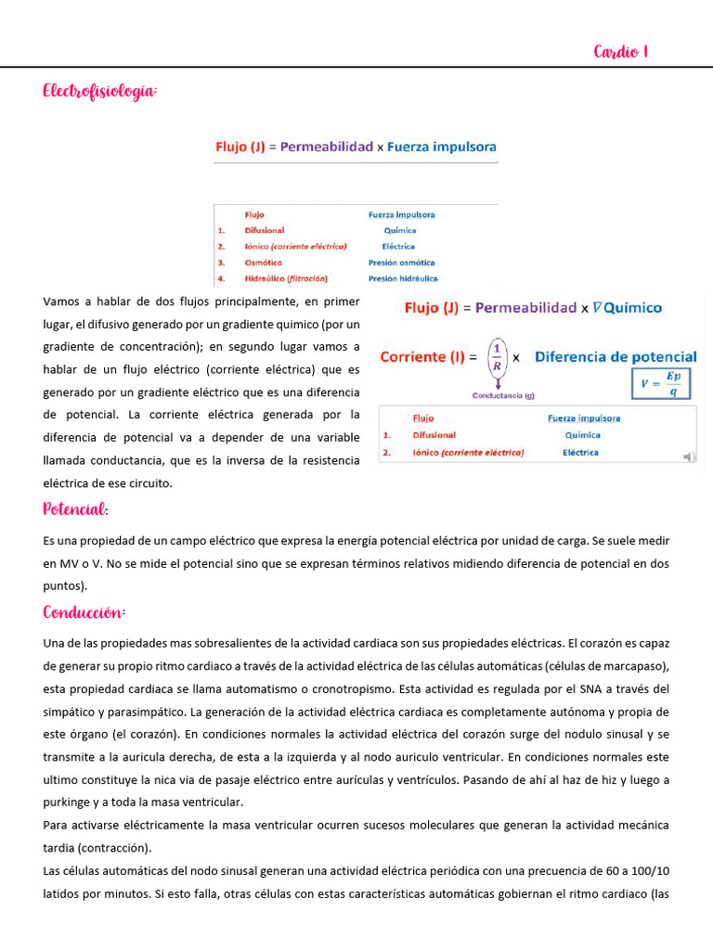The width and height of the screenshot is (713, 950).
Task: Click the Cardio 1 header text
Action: [620, 52]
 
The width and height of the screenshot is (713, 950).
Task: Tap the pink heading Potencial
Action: [75, 509]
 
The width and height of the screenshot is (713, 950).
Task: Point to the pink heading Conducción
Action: [84, 613]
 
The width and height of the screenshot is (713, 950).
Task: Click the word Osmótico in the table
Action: [264, 263]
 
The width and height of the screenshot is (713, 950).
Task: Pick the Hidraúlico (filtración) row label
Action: [286, 278]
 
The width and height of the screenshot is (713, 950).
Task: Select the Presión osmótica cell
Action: [401, 263]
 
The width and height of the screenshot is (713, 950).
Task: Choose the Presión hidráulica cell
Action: [403, 278]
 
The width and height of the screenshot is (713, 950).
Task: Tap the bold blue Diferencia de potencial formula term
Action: [616, 356]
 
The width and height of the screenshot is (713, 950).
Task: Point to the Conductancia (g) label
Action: [503, 396]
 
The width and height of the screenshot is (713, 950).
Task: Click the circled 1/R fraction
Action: [497, 356]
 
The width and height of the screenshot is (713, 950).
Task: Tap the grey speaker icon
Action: [689, 456]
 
